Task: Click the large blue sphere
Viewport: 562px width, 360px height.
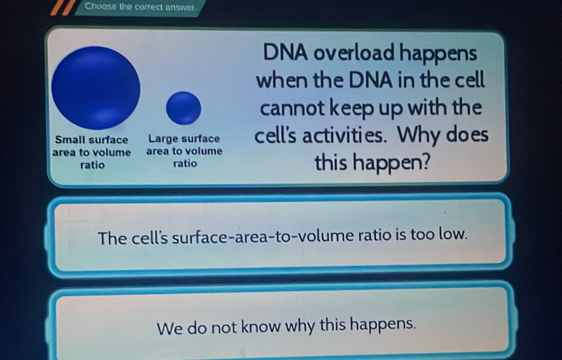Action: click(x=96, y=88)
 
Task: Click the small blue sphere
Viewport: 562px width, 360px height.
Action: click(x=183, y=108)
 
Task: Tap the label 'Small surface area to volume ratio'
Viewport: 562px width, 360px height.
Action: click(x=92, y=152)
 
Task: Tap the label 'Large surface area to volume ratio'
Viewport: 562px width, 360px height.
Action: click(x=184, y=151)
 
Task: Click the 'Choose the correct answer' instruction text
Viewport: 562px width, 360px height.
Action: click(x=140, y=6)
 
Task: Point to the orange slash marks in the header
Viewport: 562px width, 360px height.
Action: click(x=64, y=8)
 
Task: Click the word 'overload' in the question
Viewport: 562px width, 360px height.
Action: click(x=354, y=53)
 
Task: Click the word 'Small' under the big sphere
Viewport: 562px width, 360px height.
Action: click(x=68, y=139)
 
